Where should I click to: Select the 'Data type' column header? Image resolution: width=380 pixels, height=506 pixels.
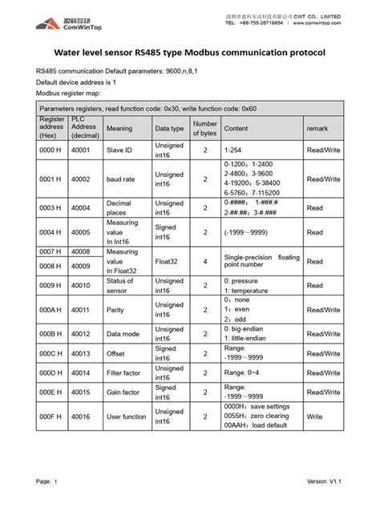coord(169,128)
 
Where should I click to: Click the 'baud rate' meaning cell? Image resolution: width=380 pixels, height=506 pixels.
coord(122,179)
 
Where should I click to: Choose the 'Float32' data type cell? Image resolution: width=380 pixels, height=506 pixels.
coord(169,261)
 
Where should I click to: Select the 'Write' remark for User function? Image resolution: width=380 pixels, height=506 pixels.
coord(315,416)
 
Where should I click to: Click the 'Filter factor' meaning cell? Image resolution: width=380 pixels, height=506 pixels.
coord(126,372)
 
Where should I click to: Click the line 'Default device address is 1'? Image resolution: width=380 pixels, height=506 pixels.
coord(77,82)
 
